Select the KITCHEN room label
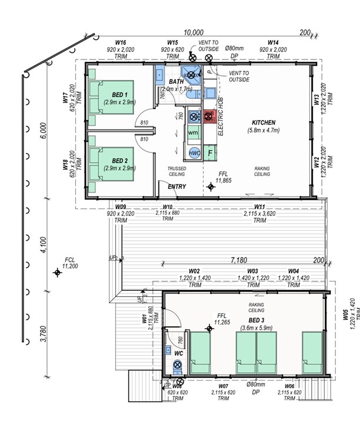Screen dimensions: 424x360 [264, 122]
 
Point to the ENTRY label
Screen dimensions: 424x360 [177, 187]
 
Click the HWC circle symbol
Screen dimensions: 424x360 [195, 153]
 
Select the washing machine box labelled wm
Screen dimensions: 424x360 [194, 134]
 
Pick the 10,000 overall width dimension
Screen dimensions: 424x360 [193, 33]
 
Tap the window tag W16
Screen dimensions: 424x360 [121, 42]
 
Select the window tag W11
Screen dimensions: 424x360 [259, 207]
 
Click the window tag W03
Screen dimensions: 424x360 [252, 271]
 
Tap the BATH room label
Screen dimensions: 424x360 [176, 82]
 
